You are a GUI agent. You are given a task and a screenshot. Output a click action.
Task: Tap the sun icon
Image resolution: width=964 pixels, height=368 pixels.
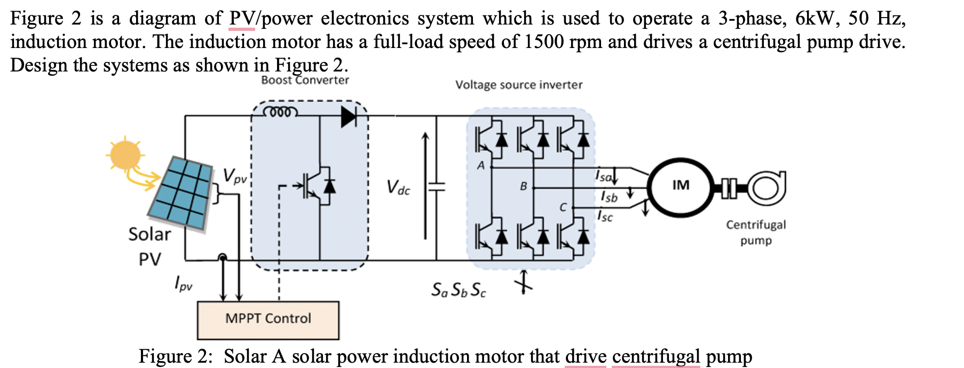(x=125, y=155)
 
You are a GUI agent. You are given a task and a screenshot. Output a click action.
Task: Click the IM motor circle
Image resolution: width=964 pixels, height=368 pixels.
(x=680, y=186)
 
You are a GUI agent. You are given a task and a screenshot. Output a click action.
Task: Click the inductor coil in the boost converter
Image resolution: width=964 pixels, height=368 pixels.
(x=279, y=113)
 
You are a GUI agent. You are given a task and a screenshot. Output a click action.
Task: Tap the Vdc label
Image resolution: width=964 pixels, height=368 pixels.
(x=398, y=188)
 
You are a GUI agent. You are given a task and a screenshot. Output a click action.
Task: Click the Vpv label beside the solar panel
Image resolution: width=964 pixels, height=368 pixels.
(x=235, y=175)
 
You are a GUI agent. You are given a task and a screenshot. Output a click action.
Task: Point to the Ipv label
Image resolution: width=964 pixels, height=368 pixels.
(x=183, y=283)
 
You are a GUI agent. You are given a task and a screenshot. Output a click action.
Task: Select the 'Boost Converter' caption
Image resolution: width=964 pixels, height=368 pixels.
(x=305, y=80)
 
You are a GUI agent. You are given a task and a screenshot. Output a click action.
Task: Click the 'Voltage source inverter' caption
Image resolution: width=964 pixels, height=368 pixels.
(x=518, y=85)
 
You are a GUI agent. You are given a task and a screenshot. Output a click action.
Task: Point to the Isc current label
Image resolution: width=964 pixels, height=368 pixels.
(x=605, y=216)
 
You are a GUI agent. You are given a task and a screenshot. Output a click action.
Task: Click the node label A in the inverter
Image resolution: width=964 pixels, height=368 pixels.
(x=481, y=165)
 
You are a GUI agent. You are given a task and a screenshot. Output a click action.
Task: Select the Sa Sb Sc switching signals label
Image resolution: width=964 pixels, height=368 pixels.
(x=459, y=290)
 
